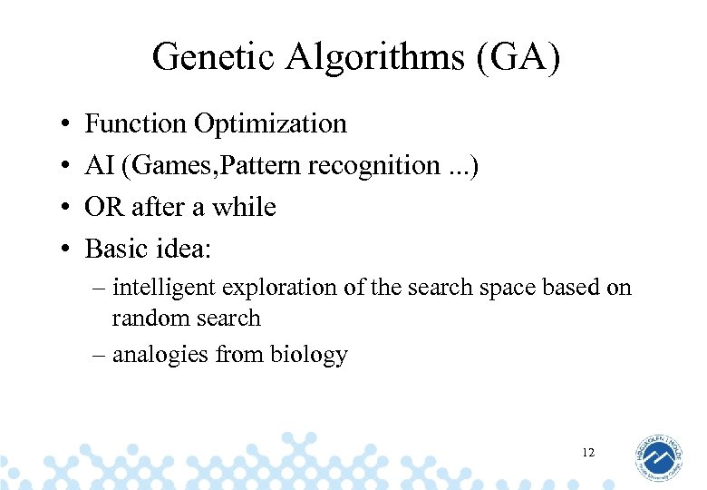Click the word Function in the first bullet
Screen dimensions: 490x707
(137, 123)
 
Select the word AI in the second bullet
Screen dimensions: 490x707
(98, 165)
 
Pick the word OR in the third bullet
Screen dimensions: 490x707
(104, 207)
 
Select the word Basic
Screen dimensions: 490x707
(118, 248)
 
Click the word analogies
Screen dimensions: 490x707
(160, 354)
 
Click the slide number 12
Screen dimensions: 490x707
(588, 452)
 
